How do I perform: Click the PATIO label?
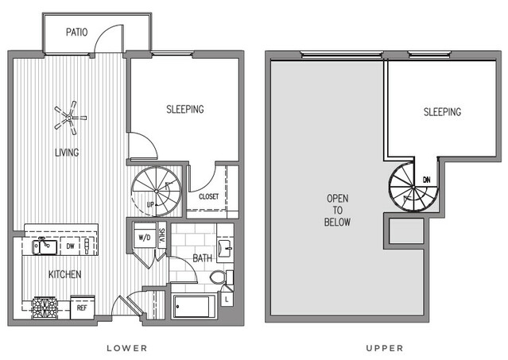point(77,32)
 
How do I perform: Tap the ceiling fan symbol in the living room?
point(70,118)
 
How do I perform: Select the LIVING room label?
point(67,152)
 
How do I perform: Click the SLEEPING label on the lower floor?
point(185,109)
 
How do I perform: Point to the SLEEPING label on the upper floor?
point(442,112)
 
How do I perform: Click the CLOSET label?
point(208,196)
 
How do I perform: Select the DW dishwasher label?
point(70,246)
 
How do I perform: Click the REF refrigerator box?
point(83,307)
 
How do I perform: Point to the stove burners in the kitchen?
point(45,308)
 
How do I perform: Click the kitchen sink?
point(45,246)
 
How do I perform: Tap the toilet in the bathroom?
point(221,277)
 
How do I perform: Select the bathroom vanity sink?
point(225,249)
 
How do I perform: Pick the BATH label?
point(203,258)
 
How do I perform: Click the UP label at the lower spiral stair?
point(150,204)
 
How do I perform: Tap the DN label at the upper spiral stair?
point(427,180)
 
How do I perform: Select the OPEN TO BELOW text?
point(337,210)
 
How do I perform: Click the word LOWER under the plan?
point(127,348)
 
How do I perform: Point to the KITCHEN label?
point(65,274)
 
